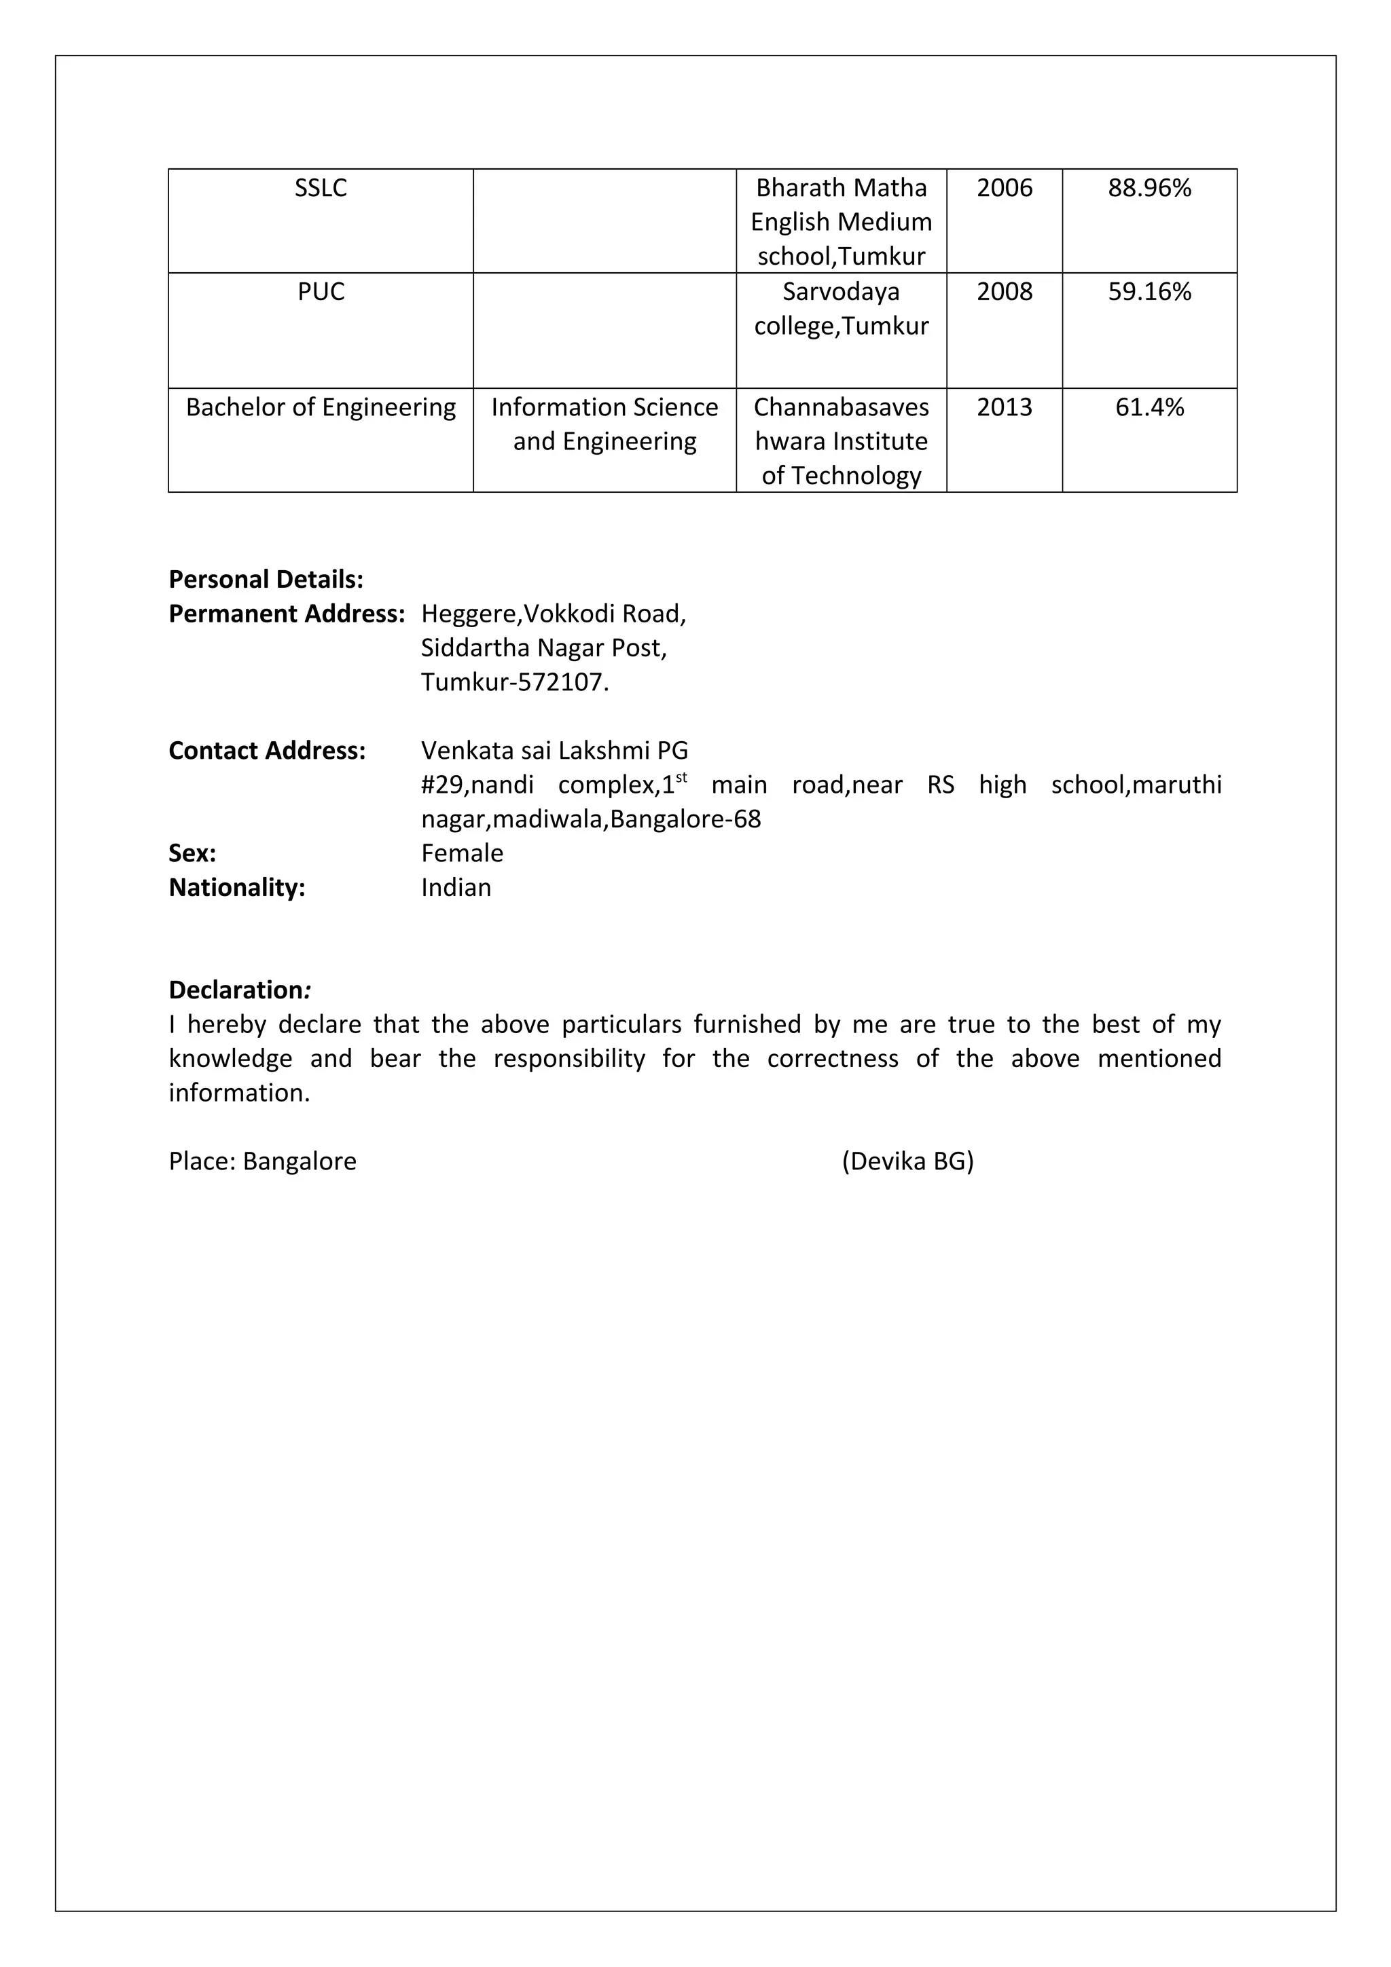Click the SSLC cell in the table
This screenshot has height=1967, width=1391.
321,189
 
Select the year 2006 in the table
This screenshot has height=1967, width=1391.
1005,189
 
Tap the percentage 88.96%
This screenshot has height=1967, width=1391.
1149,189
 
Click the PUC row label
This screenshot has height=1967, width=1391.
321,292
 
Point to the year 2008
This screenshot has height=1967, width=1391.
1005,292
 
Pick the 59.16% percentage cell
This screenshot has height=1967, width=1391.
1149,292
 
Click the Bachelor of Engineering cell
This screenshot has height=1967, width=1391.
321,407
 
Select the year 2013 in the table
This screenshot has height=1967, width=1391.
1005,407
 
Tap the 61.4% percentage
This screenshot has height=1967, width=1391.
1149,407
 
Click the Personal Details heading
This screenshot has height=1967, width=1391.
266,580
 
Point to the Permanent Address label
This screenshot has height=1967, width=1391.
286,614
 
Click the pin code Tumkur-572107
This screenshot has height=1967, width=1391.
514,683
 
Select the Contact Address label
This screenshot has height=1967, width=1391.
266,751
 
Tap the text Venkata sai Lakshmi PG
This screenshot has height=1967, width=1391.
554,751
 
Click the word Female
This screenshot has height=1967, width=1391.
462,853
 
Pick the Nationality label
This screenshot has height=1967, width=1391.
236,888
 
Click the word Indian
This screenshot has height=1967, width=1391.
456,888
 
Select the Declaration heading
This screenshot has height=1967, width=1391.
239,990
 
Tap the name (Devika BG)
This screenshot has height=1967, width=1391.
907,1162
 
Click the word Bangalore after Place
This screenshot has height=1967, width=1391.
299,1162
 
